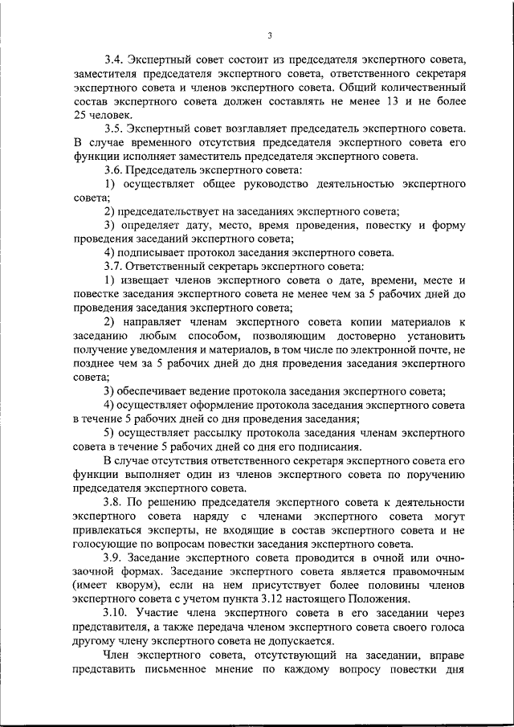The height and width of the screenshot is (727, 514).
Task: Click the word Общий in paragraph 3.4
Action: click(357, 88)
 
